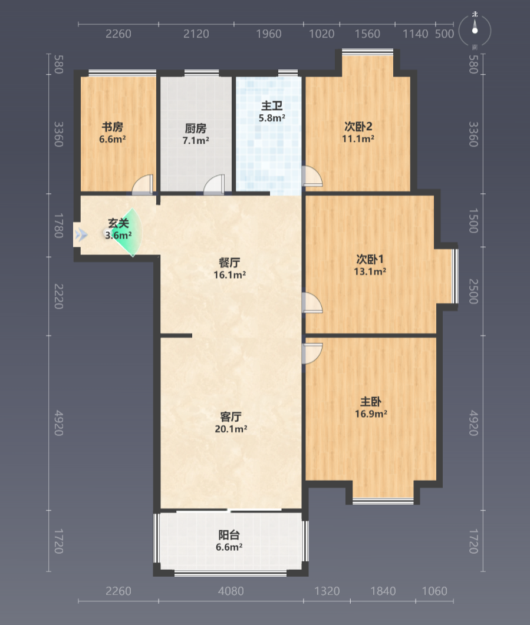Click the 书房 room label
tap(113, 127)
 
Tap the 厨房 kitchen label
tap(196, 128)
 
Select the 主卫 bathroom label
tap(272, 105)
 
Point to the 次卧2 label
tap(358, 127)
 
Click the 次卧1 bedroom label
tap(370, 259)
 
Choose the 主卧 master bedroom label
tap(371, 401)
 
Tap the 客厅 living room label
tap(231, 416)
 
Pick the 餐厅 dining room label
tap(229, 263)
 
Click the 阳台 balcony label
tap(229, 534)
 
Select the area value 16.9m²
tap(371, 414)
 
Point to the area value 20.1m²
tap(231, 429)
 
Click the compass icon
tap(475, 30)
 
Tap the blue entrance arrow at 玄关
tap(81, 234)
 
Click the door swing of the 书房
tap(142, 184)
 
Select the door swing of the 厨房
tap(214, 184)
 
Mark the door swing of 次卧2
tap(312, 176)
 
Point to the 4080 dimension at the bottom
tap(231, 591)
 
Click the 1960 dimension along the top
tap(269, 34)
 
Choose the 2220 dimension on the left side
tap(58, 296)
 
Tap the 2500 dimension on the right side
tap(473, 292)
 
